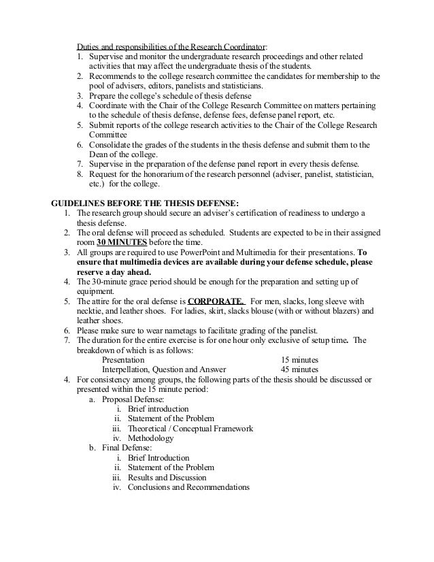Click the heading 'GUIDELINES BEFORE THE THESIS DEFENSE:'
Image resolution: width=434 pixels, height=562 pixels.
(x=146, y=203)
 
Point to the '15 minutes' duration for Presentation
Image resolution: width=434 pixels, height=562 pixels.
(x=300, y=359)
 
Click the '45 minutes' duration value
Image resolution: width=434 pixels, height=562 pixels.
(x=300, y=369)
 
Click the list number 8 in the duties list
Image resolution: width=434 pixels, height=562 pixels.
(x=78, y=173)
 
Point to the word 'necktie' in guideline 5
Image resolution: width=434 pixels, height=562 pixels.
(x=90, y=311)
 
